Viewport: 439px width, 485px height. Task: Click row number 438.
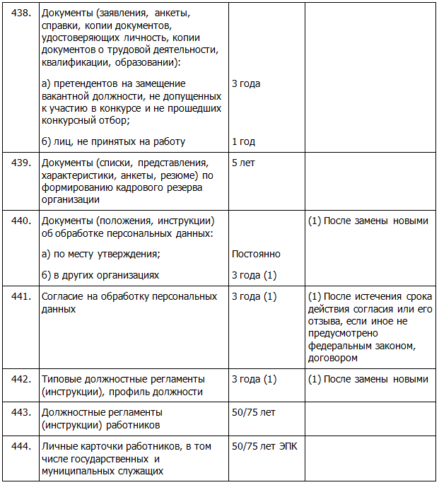[19, 13]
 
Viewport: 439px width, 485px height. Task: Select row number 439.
[19, 163]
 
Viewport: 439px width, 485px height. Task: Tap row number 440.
[19, 221]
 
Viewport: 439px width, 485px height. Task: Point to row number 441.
[19, 296]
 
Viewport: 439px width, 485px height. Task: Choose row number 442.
[19, 379]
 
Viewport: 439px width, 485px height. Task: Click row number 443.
[19, 411]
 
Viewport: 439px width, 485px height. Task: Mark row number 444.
[19, 447]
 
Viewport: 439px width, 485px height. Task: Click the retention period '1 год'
[243, 141]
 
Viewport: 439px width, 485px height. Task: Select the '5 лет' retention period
[243, 163]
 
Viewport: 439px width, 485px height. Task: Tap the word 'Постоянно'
[256, 254]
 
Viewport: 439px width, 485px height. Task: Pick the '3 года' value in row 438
[246, 83]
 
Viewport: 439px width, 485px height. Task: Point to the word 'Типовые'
[62, 379]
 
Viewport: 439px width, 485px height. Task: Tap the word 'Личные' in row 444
[59, 447]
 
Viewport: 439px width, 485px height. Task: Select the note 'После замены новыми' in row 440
[374, 221]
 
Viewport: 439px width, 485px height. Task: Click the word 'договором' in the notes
[332, 358]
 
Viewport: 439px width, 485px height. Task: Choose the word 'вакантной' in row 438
[66, 96]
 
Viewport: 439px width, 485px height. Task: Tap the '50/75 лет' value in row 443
[254, 411]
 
